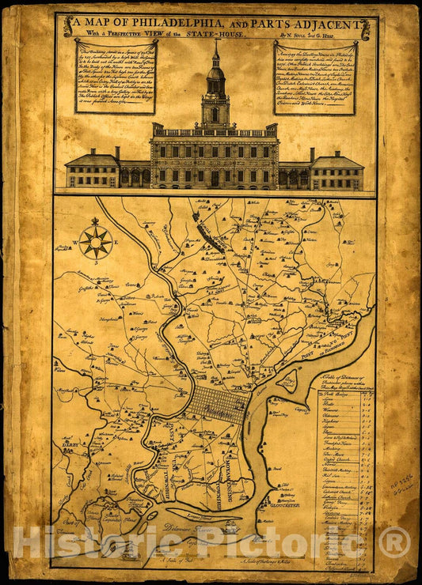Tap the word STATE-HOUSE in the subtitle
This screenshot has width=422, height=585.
pyautogui.click(x=215, y=35)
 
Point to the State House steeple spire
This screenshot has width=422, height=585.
pyautogui.click(x=215, y=49)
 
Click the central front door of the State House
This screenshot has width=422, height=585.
pyautogui.click(x=215, y=179)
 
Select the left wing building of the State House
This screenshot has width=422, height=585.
pyautogui.click(x=92, y=172)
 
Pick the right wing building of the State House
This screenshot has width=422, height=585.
pyautogui.click(x=337, y=172)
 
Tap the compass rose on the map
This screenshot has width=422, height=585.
pyautogui.click(x=96, y=240)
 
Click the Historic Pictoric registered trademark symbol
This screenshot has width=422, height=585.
pyautogui.click(x=393, y=542)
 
